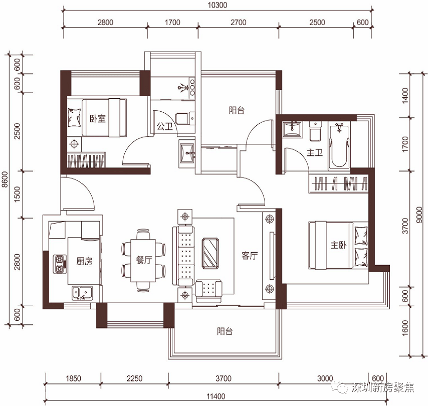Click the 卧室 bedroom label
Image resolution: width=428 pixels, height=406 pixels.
pyautogui.click(x=97, y=118)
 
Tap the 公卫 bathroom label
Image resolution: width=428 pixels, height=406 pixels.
pyautogui.click(x=164, y=126)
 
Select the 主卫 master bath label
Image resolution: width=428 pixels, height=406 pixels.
pyautogui.click(x=314, y=152)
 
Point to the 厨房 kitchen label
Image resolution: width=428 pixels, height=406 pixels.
pyautogui.click(x=84, y=261)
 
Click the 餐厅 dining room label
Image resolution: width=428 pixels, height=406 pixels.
pyautogui.click(x=144, y=260)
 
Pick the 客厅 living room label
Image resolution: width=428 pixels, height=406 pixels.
pyautogui.click(x=250, y=256)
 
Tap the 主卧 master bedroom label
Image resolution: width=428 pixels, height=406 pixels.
pyautogui.click(x=338, y=245)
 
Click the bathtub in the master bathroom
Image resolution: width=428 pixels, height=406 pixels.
pyautogui.click(x=339, y=145)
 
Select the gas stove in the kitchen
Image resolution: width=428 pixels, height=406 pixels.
pyautogui.click(x=60, y=264)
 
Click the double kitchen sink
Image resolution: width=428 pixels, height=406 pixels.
pyautogui.click(x=82, y=293)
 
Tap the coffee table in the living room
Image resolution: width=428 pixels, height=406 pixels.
pyautogui.click(x=210, y=253)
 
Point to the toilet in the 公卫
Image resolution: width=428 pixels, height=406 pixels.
pyautogui.click(x=185, y=119)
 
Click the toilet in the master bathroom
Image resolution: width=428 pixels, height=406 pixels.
pyautogui.click(x=315, y=131)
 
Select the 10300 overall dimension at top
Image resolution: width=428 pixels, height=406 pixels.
pyautogui.click(x=218, y=5)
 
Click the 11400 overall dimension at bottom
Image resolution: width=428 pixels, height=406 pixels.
pyautogui.click(x=216, y=396)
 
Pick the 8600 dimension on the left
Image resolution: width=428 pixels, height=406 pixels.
pyautogui.click(x=5, y=179)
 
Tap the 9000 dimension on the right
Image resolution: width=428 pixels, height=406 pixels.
pyautogui.click(x=419, y=215)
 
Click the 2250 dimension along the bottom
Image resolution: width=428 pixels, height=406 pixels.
pyautogui.click(x=135, y=378)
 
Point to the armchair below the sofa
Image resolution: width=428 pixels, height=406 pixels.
pyautogui.click(x=209, y=291)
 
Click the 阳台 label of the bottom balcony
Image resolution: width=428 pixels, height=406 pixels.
pyautogui.click(x=225, y=331)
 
